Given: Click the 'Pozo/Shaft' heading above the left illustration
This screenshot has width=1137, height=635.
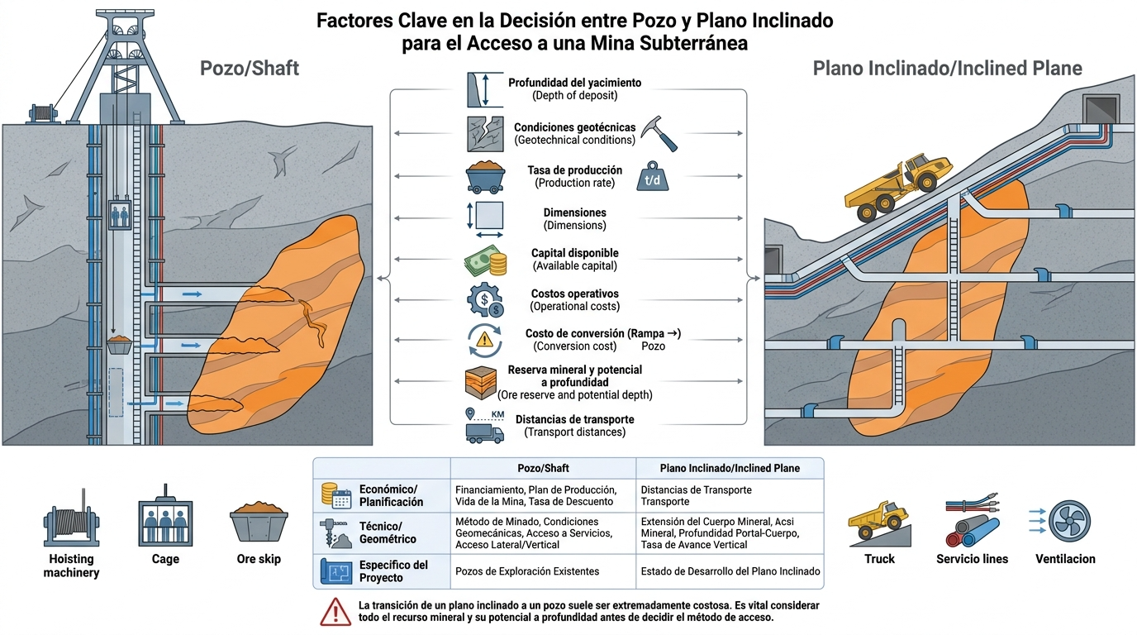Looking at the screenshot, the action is tap(250, 68).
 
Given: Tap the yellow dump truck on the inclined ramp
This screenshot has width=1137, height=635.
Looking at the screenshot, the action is tap(898, 188).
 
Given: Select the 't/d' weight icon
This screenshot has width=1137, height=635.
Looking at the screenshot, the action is tap(652, 176).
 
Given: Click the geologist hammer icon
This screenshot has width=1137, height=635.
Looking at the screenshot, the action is tap(659, 133).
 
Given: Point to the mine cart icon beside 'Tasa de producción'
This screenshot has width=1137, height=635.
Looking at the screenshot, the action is tap(485, 177).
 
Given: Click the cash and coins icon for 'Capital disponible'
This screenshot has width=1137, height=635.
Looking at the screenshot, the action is tap(485, 260).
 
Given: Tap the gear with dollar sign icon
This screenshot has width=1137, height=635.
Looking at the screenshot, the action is tap(485, 299).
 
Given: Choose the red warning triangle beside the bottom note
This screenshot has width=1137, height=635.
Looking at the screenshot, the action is tap(335, 612).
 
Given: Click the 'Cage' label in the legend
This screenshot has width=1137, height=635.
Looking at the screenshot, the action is tap(165, 559).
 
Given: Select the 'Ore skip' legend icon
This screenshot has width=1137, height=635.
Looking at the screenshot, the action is tap(259, 522).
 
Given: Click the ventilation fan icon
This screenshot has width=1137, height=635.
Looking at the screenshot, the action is tap(1069, 521).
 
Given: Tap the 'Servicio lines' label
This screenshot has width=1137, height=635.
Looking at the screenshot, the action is tap(972, 559).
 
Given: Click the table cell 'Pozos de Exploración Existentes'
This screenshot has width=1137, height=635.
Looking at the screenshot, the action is tap(527, 571).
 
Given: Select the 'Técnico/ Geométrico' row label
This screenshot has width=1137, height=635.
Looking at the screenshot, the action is tap(388, 532).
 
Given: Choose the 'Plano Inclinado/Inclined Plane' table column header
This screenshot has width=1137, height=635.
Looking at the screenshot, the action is tap(730, 468).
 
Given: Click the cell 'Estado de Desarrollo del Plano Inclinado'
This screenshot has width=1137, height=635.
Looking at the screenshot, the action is tap(730, 571).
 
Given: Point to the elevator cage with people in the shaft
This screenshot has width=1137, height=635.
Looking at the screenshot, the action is tap(120, 215).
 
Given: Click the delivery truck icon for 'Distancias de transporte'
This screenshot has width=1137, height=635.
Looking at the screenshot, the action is tap(485, 432).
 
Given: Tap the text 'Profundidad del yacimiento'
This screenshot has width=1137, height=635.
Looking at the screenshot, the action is tap(574, 83).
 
